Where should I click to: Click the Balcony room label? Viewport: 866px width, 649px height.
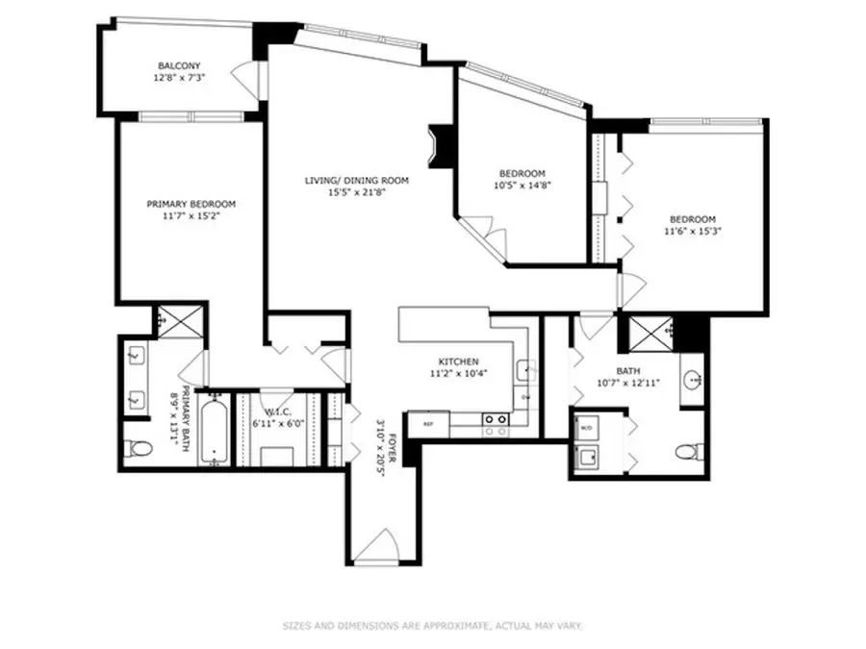click(180, 66)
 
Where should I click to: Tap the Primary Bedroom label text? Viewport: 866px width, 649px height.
click(191, 204)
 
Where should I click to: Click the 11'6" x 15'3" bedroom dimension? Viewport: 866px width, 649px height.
click(692, 231)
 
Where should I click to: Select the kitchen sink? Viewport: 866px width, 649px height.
click(524, 369)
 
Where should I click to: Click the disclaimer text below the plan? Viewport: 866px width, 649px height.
click(432, 626)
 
